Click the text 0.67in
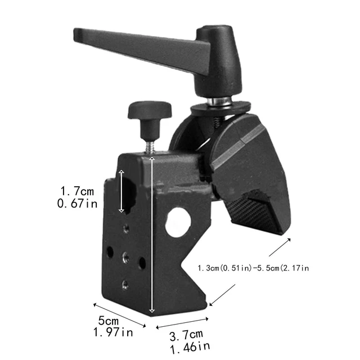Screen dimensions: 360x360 point(78,204)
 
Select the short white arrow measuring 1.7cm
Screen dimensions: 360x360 point(121,191)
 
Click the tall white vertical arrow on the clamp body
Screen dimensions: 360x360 point(151,236)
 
